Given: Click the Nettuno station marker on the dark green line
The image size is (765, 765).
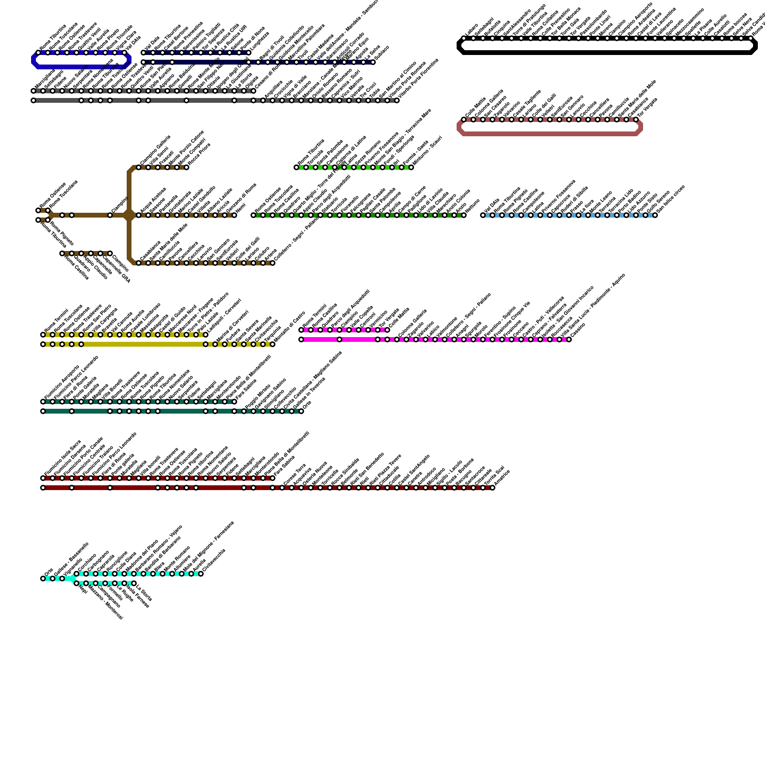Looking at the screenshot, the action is point(464,215).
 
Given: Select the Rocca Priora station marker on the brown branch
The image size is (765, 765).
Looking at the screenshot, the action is point(186,167).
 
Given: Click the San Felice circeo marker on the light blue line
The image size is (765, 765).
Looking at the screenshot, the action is point(655,215).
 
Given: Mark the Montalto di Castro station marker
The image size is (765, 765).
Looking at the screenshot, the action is point(273,344).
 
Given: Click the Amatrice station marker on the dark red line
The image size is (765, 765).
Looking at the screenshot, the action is point(492,488).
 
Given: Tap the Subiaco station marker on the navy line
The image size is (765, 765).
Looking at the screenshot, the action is point(373,62).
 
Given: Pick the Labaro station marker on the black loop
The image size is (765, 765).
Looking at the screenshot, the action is point(464,38).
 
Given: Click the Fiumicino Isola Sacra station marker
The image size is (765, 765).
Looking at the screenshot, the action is point(43,478).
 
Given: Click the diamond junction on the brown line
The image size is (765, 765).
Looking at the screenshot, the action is point(129,215).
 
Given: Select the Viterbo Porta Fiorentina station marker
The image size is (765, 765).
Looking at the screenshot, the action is point(397,100).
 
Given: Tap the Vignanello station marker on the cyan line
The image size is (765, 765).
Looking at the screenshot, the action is point(62,579).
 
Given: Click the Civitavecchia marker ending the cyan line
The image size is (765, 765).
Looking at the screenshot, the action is point(201,574).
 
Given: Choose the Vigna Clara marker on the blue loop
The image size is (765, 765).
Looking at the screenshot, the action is point(115,53).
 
